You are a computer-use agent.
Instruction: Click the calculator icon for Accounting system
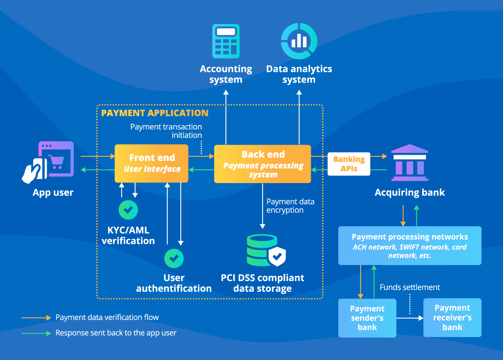[226, 41]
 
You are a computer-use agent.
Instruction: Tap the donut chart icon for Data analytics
[299, 41]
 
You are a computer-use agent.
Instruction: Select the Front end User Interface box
[152, 163]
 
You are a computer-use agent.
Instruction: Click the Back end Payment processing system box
[262, 164]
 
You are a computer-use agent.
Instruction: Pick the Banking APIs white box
[349, 164]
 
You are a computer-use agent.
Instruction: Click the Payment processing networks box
[410, 245]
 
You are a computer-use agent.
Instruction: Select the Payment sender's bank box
[367, 318]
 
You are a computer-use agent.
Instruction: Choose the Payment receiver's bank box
[452, 317]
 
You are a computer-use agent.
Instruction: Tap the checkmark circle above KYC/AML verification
[128, 210]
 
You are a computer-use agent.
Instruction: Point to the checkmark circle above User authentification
[174, 258]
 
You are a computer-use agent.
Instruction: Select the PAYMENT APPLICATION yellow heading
[155, 113]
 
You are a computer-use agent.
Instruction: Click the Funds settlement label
[410, 287]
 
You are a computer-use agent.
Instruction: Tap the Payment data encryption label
[290, 206]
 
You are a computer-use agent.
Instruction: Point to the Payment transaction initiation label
[166, 131]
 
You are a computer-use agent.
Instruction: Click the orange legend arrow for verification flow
[36, 318]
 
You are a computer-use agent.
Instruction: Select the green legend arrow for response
[36, 333]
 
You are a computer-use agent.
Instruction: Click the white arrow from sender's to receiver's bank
[410, 318]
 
